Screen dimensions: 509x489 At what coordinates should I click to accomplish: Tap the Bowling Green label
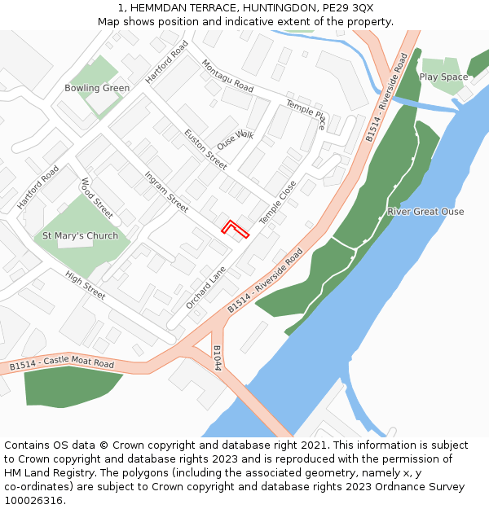click(x=97, y=88)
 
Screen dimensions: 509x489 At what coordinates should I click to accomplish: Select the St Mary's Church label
click(x=80, y=236)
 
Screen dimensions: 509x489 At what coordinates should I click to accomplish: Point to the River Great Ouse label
click(x=425, y=212)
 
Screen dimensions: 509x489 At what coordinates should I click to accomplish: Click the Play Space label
click(x=443, y=77)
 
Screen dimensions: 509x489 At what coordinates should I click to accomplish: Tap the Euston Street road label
click(x=205, y=149)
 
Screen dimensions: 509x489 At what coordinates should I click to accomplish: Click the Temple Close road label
click(x=278, y=203)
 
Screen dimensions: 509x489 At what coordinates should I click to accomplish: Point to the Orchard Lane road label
click(x=205, y=287)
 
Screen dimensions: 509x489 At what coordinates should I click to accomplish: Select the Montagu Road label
click(x=227, y=75)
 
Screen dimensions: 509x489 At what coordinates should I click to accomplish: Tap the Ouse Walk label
click(x=236, y=139)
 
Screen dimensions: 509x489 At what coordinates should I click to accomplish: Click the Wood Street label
click(x=96, y=198)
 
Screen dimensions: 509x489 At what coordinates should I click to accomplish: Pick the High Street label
click(x=85, y=286)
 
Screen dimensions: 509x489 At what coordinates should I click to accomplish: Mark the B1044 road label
click(x=217, y=358)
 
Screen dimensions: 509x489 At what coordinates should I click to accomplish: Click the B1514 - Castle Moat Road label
click(x=62, y=364)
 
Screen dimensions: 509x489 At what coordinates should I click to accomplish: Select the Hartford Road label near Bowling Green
click(x=166, y=62)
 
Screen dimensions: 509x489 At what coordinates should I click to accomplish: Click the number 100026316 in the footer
click(x=34, y=501)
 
